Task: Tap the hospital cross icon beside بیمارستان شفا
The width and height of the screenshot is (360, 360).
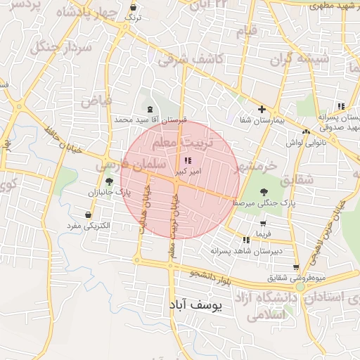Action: point(262,109)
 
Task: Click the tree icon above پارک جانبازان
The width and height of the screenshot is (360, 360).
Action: point(108,181)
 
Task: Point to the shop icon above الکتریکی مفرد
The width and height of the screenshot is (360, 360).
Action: point(88,214)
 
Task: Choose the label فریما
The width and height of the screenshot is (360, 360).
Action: point(263,233)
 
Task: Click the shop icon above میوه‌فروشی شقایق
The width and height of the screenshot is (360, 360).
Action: point(295,267)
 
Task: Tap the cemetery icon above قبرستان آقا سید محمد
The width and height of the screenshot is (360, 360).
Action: point(149,109)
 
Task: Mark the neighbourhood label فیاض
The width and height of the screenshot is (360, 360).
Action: point(96,101)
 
